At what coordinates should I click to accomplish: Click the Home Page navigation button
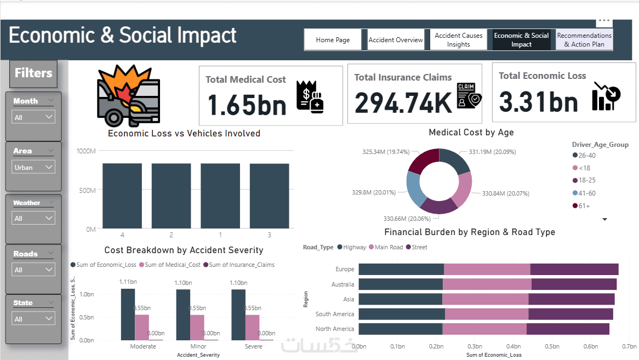333,40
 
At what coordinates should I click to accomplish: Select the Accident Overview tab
396,40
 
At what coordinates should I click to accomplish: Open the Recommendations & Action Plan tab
584,40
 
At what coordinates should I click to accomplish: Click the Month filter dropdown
33,117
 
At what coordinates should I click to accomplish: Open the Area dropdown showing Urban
33,167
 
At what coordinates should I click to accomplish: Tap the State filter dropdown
33,318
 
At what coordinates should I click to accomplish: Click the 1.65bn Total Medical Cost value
247,104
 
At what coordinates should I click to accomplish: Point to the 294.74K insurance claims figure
402,101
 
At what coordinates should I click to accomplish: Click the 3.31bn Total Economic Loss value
538,102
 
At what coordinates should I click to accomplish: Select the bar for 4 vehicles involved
122,196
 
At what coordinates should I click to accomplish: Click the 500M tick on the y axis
87,190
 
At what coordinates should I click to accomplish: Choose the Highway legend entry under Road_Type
351,247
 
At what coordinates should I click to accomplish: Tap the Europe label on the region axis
345,269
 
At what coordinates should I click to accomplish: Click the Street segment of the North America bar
568,329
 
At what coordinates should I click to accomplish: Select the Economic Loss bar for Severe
238,315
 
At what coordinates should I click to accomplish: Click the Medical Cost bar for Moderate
142,327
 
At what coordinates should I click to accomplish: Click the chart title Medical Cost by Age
471,133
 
